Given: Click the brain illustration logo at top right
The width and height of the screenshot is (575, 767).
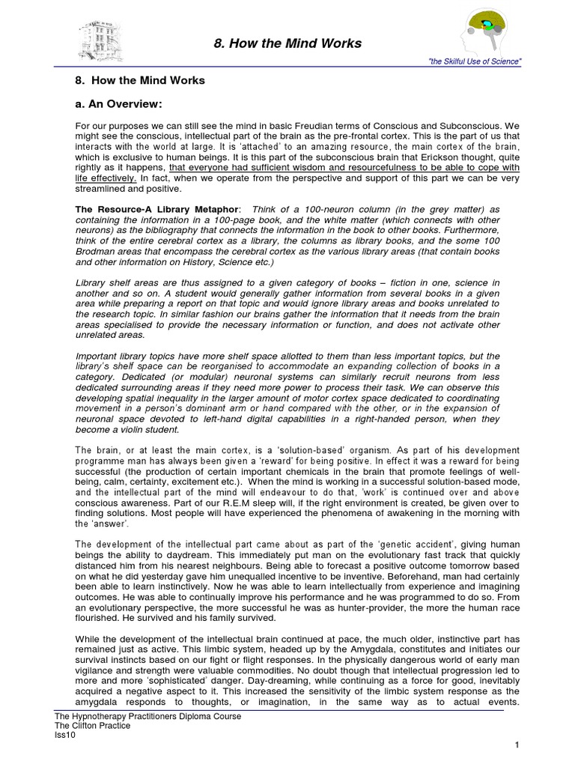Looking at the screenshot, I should click(488, 31).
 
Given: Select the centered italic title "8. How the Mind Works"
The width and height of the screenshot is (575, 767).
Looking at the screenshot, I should click(284, 43).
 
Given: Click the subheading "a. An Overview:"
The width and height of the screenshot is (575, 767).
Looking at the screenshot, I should click(121, 103).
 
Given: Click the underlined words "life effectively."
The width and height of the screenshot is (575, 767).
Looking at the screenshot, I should click(106, 179).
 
